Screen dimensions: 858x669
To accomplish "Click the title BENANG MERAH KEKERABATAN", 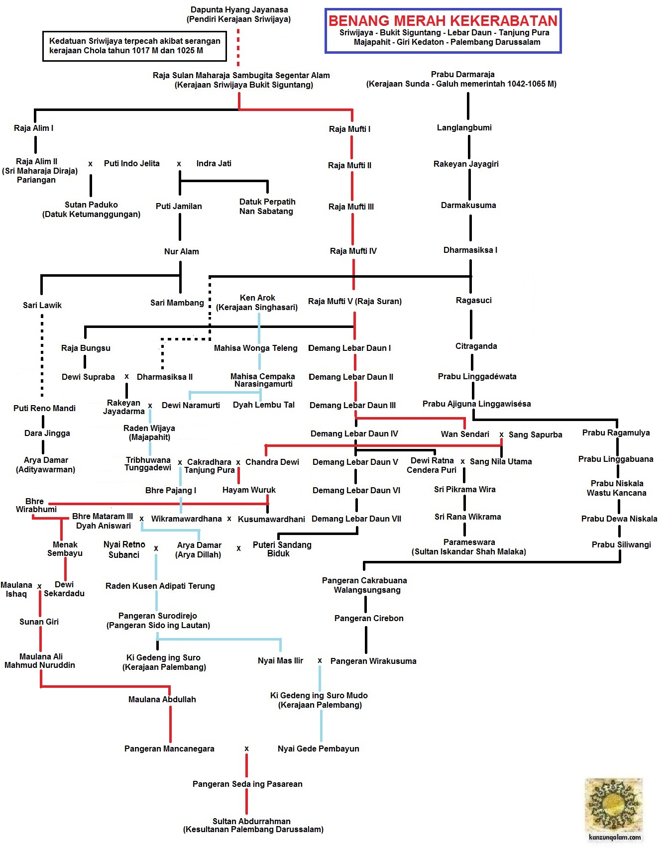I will (x=443, y=21).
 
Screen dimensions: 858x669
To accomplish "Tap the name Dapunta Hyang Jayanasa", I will (x=239, y=10).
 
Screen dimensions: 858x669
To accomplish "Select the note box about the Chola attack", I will (x=134, y=46).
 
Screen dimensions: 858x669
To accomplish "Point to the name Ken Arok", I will (x=257, y=298).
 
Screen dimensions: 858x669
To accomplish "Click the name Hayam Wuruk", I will (x=249, y=490).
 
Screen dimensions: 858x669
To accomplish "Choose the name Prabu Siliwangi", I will (x=621, y=544).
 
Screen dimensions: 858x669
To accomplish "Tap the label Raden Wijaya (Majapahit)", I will (x=149, y=432).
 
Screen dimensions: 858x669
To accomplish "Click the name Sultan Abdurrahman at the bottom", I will (x=251, y=821).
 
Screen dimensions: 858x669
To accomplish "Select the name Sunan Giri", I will (x=39, y=622).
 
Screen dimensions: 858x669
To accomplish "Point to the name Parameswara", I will (x=469, y=542).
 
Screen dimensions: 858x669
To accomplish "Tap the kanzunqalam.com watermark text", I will (x=615, y=837).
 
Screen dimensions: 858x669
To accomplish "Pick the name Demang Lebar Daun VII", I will (x=356, y=519).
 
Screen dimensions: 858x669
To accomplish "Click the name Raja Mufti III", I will (x=351, y=207).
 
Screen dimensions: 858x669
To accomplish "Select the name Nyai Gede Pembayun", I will (x=318, y=749).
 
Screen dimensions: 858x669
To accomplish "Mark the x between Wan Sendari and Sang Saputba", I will (x=501, y=434).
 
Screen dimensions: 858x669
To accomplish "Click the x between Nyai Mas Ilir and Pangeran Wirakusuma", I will (x=320, y=661).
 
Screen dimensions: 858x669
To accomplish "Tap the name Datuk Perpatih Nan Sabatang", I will (x=267, y=207).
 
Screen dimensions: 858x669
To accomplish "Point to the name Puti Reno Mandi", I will (x=44, y=408).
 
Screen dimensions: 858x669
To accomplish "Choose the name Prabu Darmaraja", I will (x=462, y=74).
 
